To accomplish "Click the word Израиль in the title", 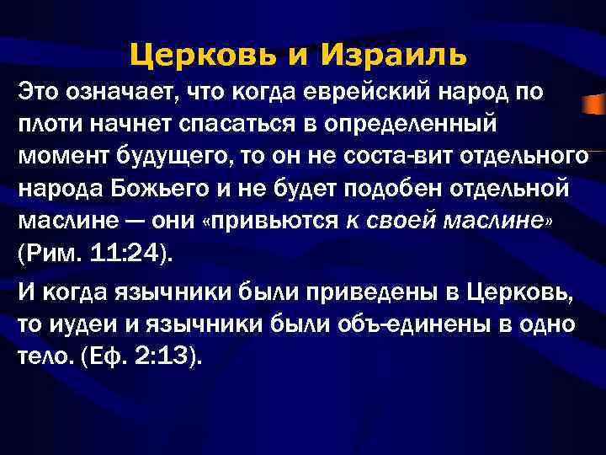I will click(393, 56).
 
